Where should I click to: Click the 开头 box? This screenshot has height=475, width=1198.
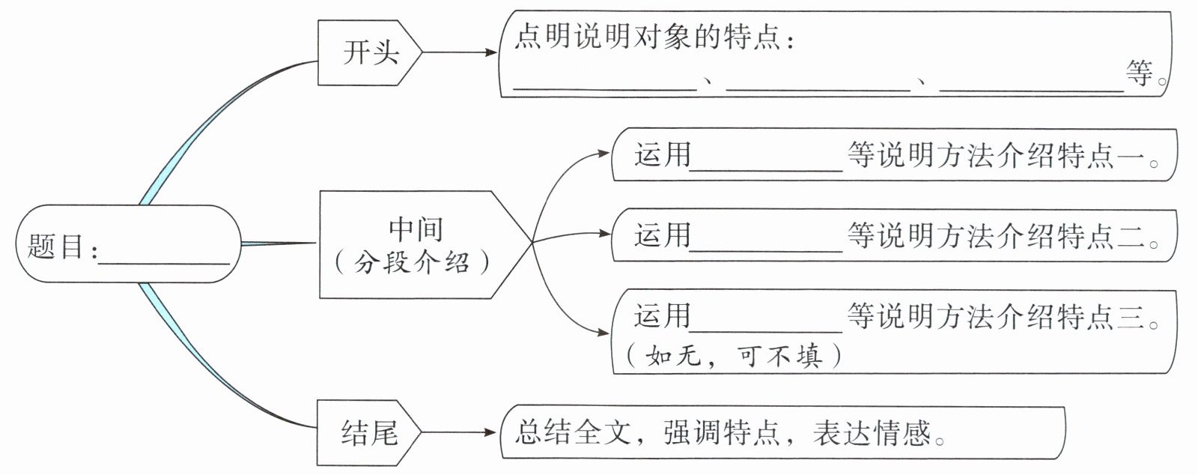click(370, 52)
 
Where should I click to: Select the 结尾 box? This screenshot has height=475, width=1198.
click(368, 433)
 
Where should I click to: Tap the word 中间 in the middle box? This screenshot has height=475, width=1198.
click(416, 229)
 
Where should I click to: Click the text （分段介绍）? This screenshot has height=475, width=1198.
click(413, 262)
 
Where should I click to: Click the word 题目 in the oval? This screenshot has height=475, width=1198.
click(55, 246)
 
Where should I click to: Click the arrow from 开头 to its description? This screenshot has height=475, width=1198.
click(458, 52)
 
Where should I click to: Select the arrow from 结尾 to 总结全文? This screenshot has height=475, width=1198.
click(458, 432)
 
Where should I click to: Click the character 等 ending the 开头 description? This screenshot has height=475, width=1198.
click(1140, 73)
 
